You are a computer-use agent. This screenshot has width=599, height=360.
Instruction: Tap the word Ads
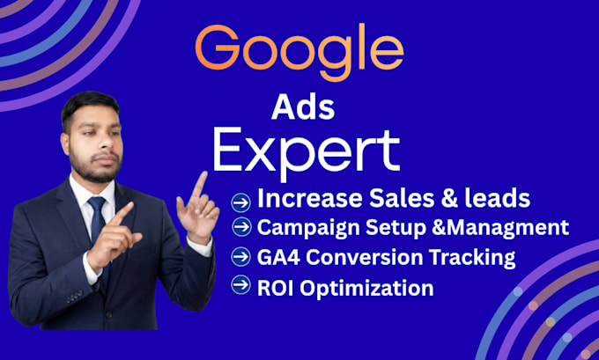(x=303, y=107)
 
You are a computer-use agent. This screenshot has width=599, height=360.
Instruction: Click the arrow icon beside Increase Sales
(x=241, y=202)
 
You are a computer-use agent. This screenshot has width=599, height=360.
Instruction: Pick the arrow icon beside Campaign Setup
(x=242, y=227)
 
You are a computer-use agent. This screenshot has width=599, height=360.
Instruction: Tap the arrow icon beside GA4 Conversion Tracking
(x=241, y=256)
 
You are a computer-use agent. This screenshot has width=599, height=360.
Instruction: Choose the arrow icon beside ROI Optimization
(x=241, y=285)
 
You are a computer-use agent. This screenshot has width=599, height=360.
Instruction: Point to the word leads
(x=499, y=199)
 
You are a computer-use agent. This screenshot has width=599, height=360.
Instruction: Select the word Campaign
(x=308, y=229)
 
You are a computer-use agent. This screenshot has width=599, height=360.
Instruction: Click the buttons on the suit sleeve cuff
(x=75, y=297)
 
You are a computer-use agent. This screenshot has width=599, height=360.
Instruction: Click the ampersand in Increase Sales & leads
(x=451, y=199)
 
